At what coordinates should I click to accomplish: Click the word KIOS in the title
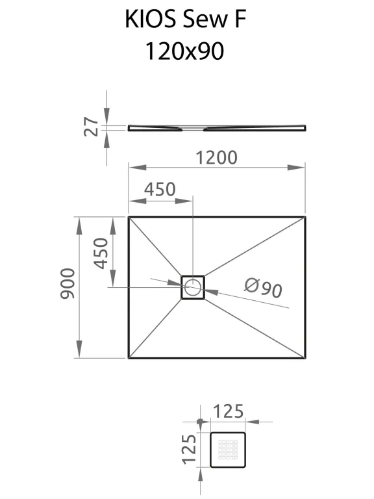click(x=150, y=19)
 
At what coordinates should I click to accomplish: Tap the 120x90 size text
click(x=185, y=51)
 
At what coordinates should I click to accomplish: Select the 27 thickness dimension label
click(x=91, y=127)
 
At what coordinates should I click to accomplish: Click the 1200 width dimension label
click(x=216, y=157)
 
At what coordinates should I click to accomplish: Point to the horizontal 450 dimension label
click(x=160, y=189)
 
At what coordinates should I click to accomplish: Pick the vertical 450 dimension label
click(x=101, y=253)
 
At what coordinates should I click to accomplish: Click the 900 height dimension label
click(x=68, y=283)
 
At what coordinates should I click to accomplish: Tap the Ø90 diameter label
click(x=264, y=288)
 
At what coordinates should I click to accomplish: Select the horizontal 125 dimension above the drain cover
click(x=228, y=411)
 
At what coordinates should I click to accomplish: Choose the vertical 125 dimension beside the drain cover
click(x=189, y=449)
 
